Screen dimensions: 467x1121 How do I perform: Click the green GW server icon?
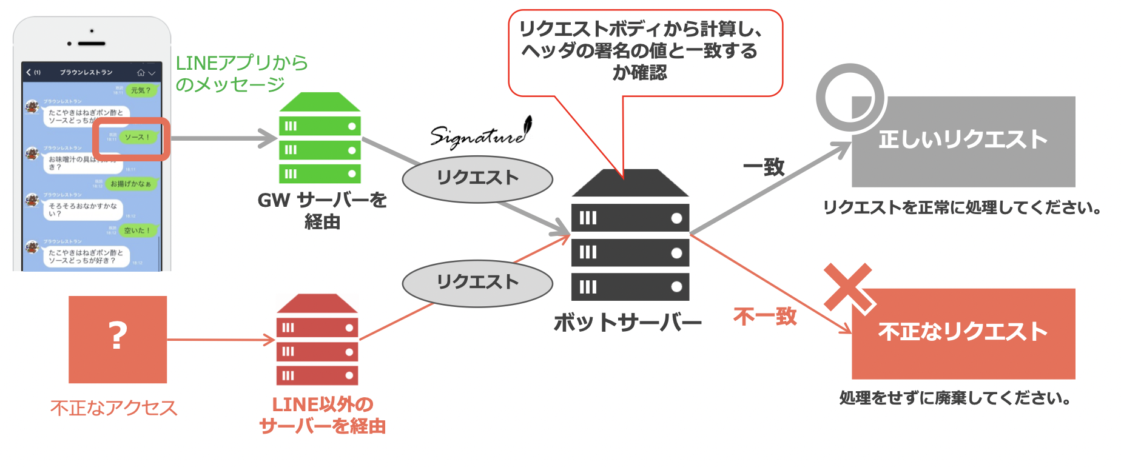[x=320, y=138]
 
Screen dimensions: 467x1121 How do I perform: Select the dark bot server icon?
[x=630, y=235]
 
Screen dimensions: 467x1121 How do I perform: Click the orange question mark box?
[x=118, y=339]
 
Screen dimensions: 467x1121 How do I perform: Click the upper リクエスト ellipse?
[x=477, y=179]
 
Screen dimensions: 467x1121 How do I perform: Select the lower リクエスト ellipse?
[x=477, y=283]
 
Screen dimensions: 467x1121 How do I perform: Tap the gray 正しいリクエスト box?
[x=963, y=141]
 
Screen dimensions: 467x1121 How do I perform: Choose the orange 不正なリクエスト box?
[x=963, y=333]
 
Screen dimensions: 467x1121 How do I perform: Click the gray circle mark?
[x=849, y=98]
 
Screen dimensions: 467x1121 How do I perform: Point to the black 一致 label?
[x=764, y=167]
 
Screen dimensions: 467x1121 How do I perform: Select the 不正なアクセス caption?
[x=114, y=408]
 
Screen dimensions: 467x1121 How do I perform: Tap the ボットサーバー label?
[x=627, y=323]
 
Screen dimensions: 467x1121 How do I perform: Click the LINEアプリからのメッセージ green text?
[x=241, y=73]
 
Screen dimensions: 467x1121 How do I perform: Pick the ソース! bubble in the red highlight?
[x=136, y=137]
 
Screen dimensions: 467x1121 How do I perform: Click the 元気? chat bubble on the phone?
[x=141, y=90]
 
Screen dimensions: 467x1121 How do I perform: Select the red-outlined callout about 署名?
[x=645, y=52]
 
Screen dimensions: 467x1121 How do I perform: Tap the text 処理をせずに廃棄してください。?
[x=955, y=398]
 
